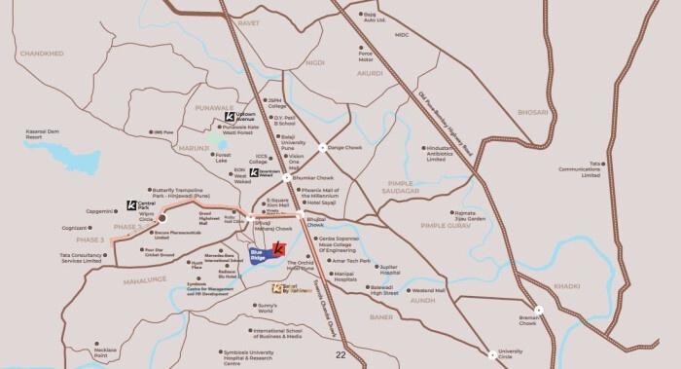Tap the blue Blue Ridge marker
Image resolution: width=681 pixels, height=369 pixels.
click(x=259, y=256)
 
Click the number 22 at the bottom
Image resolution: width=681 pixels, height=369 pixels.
click(x=340, y=355)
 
